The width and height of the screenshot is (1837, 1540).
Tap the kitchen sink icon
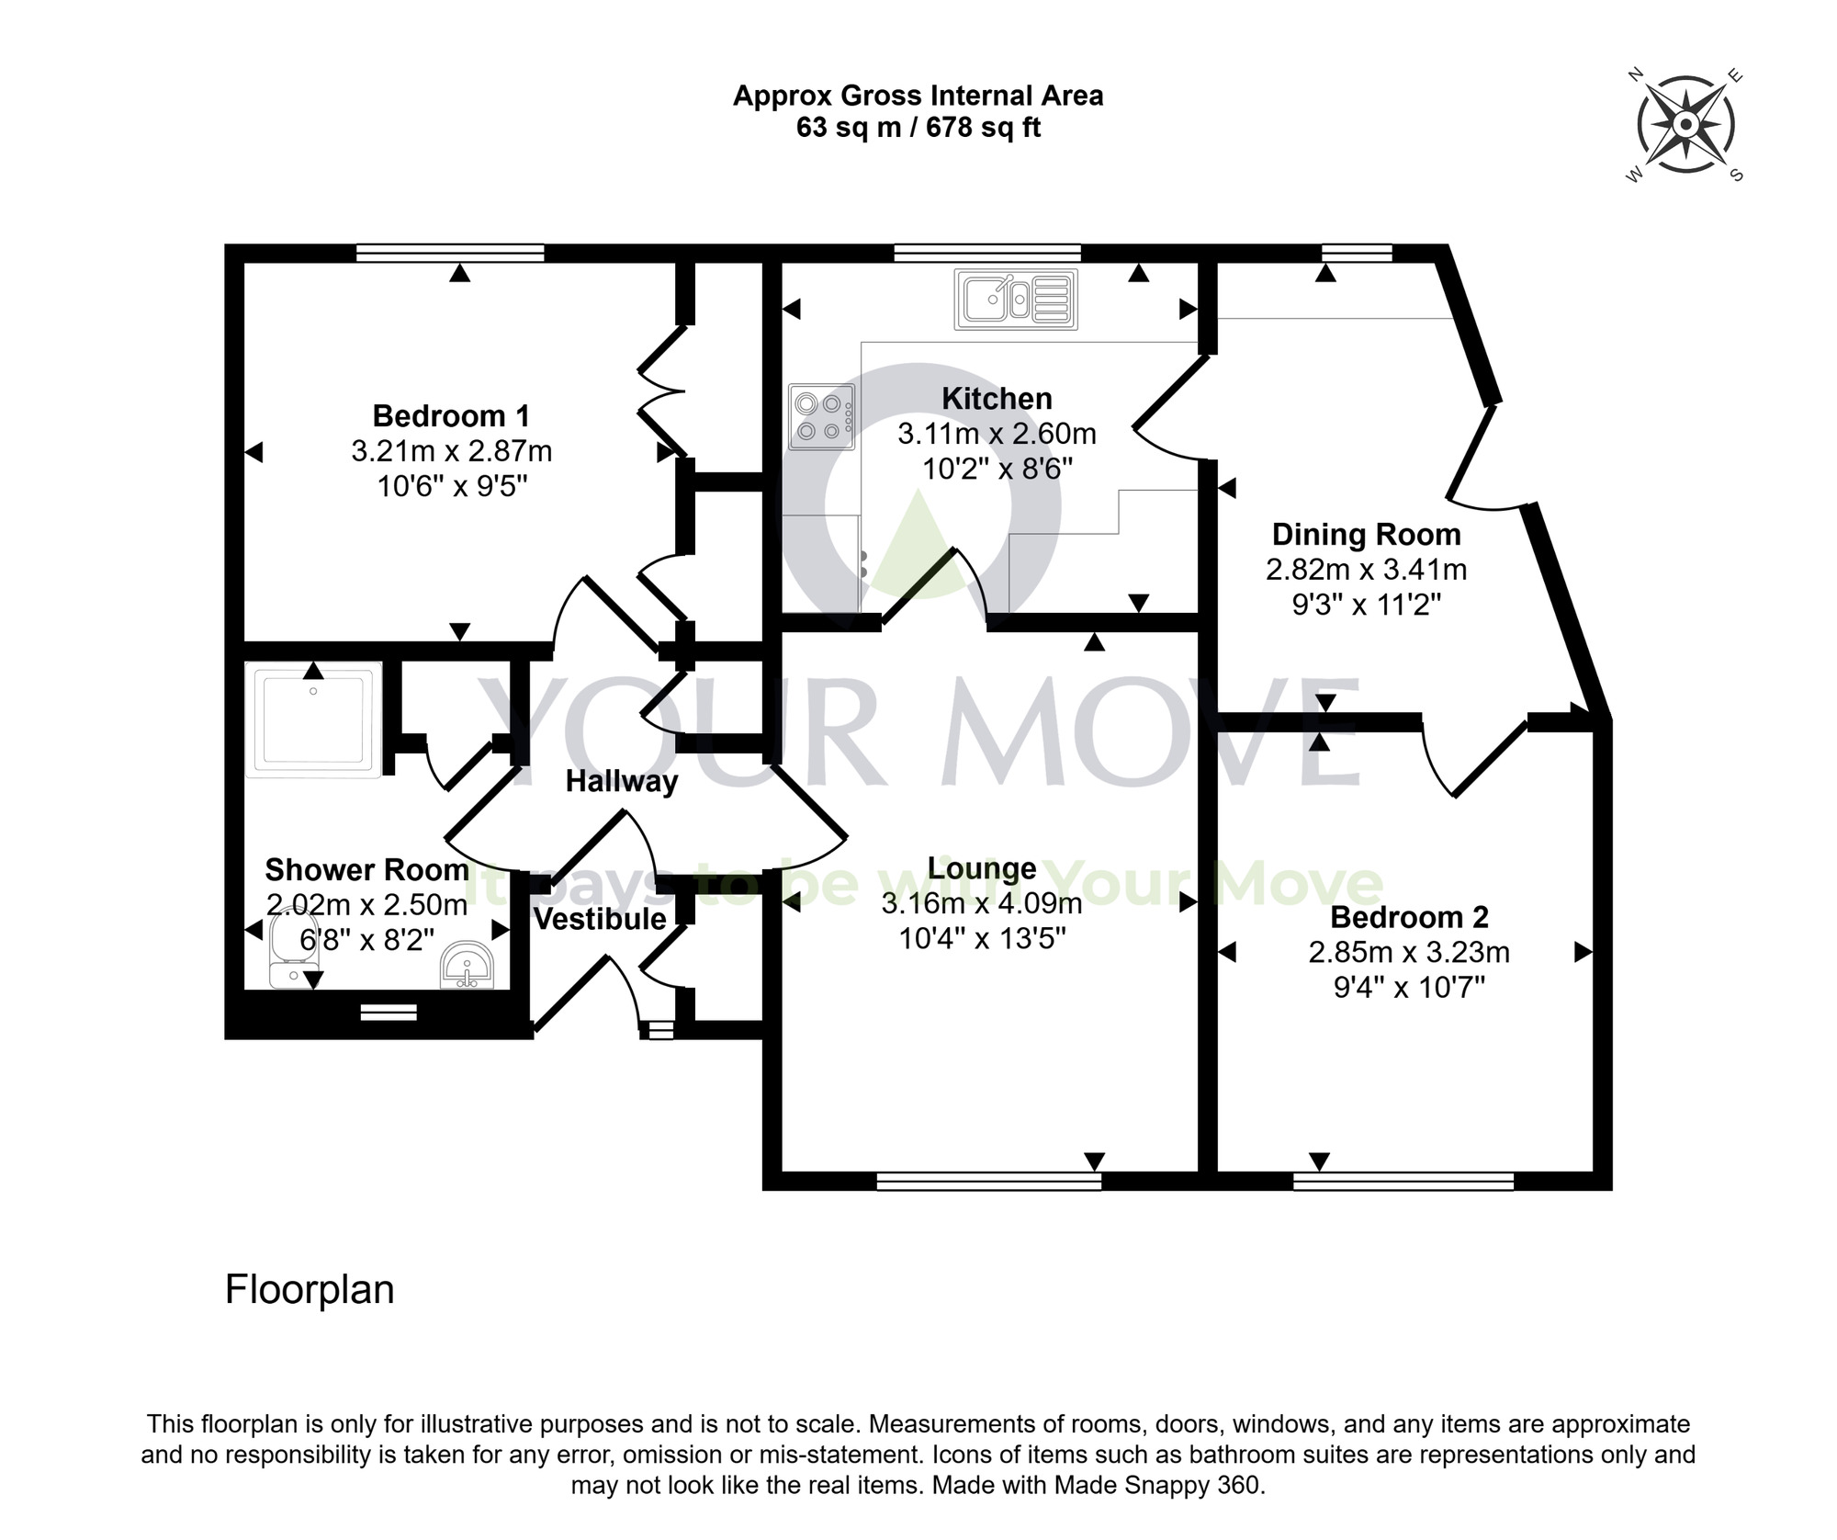pyautogui.click(x=1015, y=299)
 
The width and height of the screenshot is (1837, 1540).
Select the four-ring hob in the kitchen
pyautogui.click(x=821, y=416)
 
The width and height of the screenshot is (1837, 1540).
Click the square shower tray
pyautogui.click(x=313, y=719)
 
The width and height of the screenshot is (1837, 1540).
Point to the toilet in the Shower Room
pyautogui.click(x=293, y=946)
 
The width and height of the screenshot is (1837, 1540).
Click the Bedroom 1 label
pyautogui.click(x=451, y=416)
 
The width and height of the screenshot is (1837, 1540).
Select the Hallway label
pyautogui.click(x=621, y=781)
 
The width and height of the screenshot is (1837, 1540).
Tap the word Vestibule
pyautogui.click(x=600, y=919)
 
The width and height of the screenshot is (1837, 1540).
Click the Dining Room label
pyautogui.click(x=1365, y=534)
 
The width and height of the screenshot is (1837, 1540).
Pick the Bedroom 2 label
pyautogui.click(x=1408, y=917)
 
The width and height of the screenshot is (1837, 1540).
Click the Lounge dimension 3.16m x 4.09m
pyautogui.click(x=981, y=904)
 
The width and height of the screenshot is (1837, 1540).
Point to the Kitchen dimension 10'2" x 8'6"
pyautogui.click(x=997, y=469)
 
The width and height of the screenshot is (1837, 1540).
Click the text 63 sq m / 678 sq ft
pyautogui.click(x=918, y=128)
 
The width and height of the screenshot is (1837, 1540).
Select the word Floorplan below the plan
pyautogui.click(x=310, y=1289)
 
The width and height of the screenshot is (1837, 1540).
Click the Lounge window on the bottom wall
pyautogui.click(x=988, y=1182)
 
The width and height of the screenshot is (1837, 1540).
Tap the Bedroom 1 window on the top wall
pyautogui.click(x=450, y=253)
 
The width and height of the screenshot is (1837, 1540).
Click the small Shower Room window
pyautogui.click(x=389, y=1013)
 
